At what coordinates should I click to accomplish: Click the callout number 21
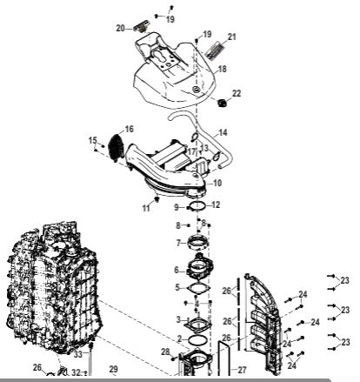pyautogui.click(x=232, y=37)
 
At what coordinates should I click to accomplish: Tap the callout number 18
pyautogui.click(x=223, y=69)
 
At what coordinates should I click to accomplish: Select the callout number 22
pyautogui.click(x=237, y=93)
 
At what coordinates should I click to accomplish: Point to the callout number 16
pyautogui.click(x=130, y=129)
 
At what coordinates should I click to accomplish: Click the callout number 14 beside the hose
pyautogui.click(x=223, y=132)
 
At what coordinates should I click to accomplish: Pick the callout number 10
pyautogui.click(x=217, y=183)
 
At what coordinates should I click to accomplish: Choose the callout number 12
pyautogui.click(x=216, y=204)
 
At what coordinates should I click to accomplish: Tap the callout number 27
pyautogui.click(x=242, y=370)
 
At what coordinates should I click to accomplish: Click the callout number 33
pyautogui.click(x=78, y=354)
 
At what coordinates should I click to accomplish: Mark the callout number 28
pyautogui.click(x=165, y=352)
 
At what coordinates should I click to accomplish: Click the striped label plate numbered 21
pyautogui.click(x=216, y=50)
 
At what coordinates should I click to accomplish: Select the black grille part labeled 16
pyautogui.click(x=117, y=147)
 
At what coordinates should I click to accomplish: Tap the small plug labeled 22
pyautogui.click(x=223, y=103)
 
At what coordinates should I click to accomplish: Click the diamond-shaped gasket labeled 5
pyautogui.click(x=199, y=288)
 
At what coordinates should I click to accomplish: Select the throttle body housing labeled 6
pyautogui.click(x=200, y=266)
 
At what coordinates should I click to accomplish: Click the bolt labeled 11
pyautogui.click(x=157, y=199)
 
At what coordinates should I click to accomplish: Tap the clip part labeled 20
pyautogui.click(x=141, y=25)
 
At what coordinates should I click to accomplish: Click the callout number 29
pyautogui.click(x=114, y=369)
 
